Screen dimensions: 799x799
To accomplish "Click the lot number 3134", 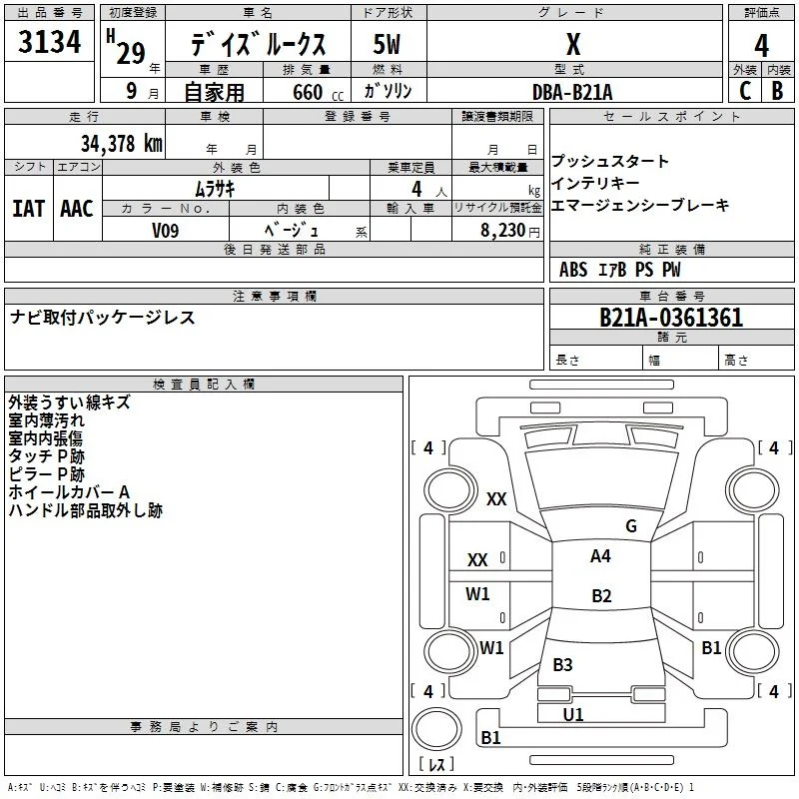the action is tap(49, 42).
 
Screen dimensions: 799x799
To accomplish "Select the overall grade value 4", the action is tap(761, 46).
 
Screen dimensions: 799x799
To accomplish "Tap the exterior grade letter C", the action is tap(745, 91).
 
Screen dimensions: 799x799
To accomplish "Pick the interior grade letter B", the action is tap(777, 91).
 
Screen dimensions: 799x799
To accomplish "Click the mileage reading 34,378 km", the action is tap(122, 143).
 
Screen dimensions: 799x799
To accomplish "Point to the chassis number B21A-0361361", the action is tap(671, 318).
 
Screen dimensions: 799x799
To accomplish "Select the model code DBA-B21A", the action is tap(572, 92).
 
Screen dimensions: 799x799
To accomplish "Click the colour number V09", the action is tap(165, 231).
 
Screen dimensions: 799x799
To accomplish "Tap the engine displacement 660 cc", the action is tap(318, 92).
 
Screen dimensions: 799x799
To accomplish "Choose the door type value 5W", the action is tap(387, 44).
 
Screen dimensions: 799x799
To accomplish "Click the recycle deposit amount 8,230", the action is tap(502, 230).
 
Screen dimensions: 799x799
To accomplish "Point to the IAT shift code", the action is tap(28, 209).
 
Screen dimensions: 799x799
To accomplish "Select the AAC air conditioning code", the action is tap(77, 209).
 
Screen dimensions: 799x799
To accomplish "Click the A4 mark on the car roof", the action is tap(600, 556).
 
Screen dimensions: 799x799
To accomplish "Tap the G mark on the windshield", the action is tap(631, 526).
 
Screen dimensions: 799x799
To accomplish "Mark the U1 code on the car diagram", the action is tap(573, 714).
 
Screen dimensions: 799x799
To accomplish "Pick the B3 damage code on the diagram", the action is tap(562, 664).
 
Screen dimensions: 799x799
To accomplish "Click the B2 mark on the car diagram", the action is tap(601, 595).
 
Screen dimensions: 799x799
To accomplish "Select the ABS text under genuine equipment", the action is tap(573, 270).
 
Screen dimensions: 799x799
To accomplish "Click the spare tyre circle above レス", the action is tap(436, 728).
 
